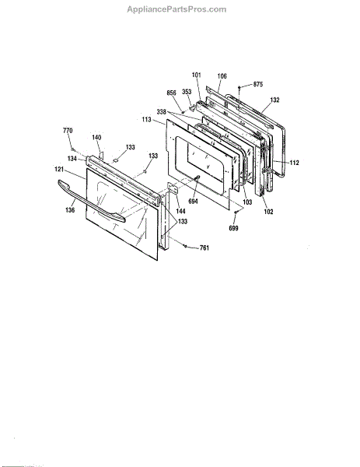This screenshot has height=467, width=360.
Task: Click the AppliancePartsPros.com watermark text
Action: tap(177, 9)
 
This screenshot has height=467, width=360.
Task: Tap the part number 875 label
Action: tap(258, 84)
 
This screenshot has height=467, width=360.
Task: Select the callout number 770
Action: tap(68, 131)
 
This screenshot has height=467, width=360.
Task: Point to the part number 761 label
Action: tap(204, 248)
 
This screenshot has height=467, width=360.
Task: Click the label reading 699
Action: tap(233, 228)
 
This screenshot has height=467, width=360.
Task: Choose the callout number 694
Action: tap(193, 202)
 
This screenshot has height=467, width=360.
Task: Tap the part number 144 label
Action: tap(180, 211)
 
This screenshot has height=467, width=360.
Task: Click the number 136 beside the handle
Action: tap(70, 210)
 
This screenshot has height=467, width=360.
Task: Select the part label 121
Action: tap(59, 169)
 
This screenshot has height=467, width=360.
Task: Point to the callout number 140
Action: tap(96, 137)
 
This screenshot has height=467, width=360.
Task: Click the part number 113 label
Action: tap(147, 119)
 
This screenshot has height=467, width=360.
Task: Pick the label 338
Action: tap(161, 112)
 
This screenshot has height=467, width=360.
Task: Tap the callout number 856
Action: tap(171, 93)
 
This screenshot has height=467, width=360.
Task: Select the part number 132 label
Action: tap(274, 100)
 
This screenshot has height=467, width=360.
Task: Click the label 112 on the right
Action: tap(294, 163)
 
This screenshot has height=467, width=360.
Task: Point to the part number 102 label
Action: tap(268, 212)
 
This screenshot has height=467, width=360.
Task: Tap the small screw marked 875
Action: tap(239, 87)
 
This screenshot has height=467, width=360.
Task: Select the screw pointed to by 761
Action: tap(185, 246)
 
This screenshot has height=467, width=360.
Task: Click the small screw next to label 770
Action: tap(72, 149)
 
